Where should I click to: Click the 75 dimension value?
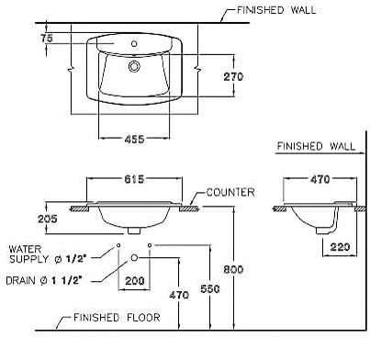click(47, 39)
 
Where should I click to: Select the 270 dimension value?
click(233, 76)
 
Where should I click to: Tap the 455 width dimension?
click(134, 140)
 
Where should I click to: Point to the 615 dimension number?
click(134, 179)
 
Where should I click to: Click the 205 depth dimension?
click(48, 219)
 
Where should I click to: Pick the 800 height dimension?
click(233, 269)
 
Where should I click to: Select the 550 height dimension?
click(210, 288)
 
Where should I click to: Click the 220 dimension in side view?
click(340, 247)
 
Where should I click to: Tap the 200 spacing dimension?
click(135, 280)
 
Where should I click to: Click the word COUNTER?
click(230, 192)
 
